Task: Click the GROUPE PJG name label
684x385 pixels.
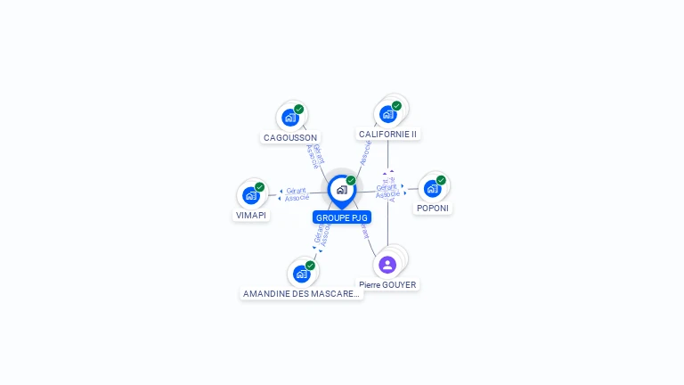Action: pyautogui.click(x=342, y=217)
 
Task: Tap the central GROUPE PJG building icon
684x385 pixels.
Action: pyautogui.click(x=341, y=189)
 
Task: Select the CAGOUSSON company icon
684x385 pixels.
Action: pyautogui.click(x=289, y=117)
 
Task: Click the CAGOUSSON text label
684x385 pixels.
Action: pyautogui.click(x=290, y=138)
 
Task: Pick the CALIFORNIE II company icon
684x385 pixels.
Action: pyautogui.click(x=387, y=113)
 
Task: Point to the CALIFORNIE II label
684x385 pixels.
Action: pyautogui.click(x=387, y=135)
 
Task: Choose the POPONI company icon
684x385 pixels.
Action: pyautogui.click(x=432, y=188)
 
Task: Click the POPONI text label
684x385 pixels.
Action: pyautogui.click(x=433, y=209)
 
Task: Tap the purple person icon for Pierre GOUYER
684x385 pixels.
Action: pyautogui.click(x=387, y=265)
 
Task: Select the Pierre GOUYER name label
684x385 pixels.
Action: pyautogui.click(x=387, y=285)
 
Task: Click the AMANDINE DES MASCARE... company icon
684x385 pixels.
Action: pyautogui.click(x=301, y=274)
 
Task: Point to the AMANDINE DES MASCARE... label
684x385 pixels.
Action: pyautogui.click(x=302, y=293)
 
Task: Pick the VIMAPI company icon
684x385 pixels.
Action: pyautogui.click(x=251, y=195)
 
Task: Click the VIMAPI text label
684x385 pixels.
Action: pyautogui.click(x=251, y=216)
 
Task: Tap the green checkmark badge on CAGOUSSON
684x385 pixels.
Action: pyautogui.click(x=299, y=109)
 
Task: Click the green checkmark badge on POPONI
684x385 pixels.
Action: pyautogui.click(x=441, y=180)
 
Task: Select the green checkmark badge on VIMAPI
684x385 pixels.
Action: pyautogui.click(x=260, y=187)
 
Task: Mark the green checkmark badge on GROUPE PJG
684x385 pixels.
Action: pyautogui.click(x=351, y=180)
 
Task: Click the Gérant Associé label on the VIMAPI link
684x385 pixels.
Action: pyautogui.click(x=297, y=194)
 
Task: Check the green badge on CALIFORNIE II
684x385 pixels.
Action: pyautogui.click(x=396, y=105)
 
